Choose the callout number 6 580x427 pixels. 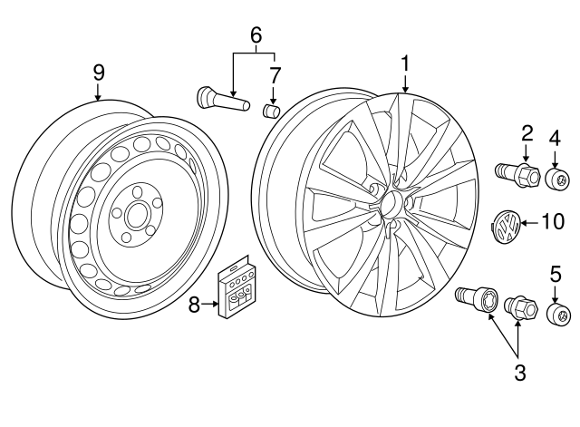pyautogui.click(x=256, y=35)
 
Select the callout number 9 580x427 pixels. pyautogui.click(x=98, y=72)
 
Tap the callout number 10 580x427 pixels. pyautogui.click(x=552, y=220)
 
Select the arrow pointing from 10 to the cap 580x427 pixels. pyautogui.click(x=530, y=221)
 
